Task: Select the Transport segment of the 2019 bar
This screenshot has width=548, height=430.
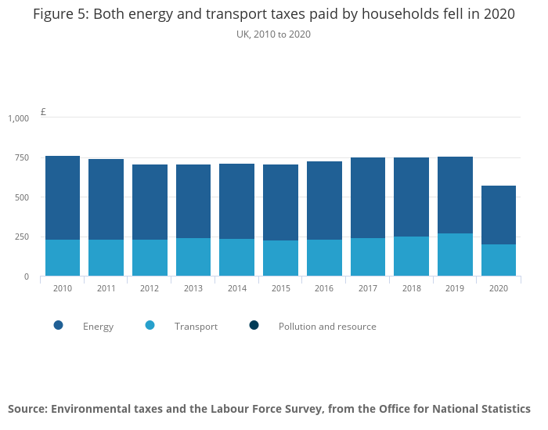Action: point(455,255)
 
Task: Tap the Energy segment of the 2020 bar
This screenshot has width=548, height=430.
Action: point(499,215)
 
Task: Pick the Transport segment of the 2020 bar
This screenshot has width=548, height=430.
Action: point(499,260)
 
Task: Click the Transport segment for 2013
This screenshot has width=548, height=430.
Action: point(193,257)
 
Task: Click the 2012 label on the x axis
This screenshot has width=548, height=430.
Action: point(150,288)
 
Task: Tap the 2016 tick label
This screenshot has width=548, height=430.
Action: point(324,288)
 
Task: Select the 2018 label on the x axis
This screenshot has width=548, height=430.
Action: point(411,288)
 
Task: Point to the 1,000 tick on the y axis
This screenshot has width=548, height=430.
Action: point(18,118)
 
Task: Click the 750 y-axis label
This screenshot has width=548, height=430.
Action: point(22,157)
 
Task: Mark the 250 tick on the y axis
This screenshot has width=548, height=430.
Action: point(22,237)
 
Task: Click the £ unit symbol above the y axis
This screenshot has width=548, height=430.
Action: point(43,112)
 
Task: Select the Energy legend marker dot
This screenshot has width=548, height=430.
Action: point(59,325)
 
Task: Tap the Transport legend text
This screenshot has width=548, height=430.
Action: point(196,327)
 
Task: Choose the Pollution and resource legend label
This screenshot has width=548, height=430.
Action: point(327,327)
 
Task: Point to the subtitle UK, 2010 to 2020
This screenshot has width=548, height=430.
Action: point(273,34)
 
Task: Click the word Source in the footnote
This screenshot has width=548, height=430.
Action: point(27,409)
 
